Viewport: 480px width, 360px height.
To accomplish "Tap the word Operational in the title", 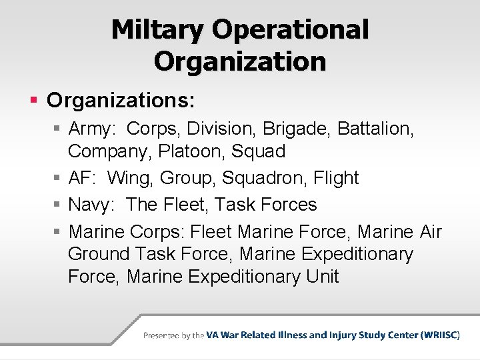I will coord(290,29).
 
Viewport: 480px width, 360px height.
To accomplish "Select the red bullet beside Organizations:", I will coord(34,101).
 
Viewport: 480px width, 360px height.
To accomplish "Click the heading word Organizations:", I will coord(121,101).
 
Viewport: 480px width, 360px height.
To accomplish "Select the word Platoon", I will coord(191,151).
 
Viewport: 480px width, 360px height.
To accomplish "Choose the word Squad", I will coord(259,151).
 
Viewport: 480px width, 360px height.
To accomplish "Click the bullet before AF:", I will coord(57,179).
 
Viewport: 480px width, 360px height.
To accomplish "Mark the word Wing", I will coord(129,179).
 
